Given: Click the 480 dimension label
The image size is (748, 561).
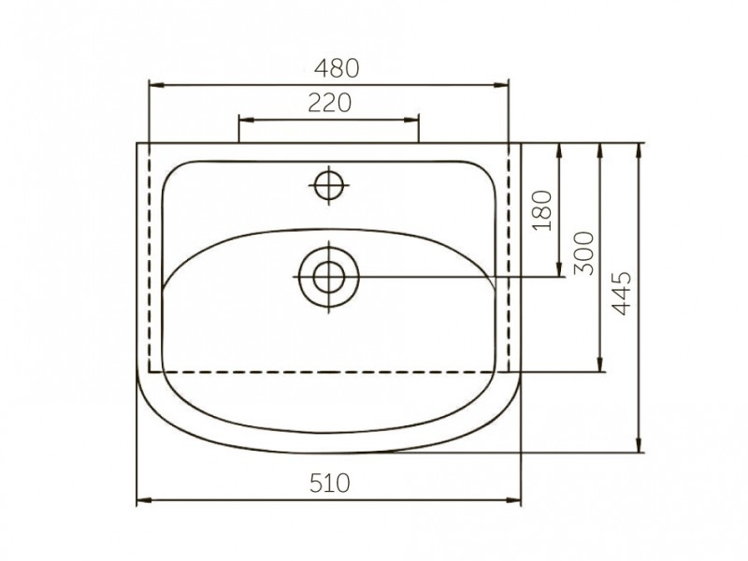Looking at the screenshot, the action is [337, 68].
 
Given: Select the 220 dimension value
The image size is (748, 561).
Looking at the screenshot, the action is [329, 103].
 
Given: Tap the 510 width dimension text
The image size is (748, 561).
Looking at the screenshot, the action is [330, 482].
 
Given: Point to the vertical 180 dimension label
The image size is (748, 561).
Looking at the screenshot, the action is [542, 211].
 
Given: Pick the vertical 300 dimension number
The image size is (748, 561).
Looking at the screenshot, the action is [583, 253].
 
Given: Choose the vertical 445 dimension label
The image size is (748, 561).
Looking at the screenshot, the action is [621, 294].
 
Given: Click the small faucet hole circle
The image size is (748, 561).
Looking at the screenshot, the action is [329, 184].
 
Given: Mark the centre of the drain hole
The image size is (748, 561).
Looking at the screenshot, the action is [329, 277].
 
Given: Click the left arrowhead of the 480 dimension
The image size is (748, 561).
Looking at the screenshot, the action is [156, 85].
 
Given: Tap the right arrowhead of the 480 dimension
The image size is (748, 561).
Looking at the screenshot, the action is [501, 85].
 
